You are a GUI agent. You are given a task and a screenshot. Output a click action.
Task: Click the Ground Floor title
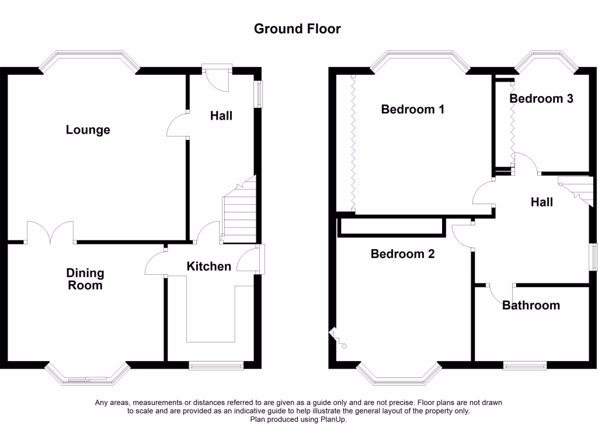[x=297, y=29]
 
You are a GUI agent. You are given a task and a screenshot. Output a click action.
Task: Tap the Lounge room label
[x=88, y=129]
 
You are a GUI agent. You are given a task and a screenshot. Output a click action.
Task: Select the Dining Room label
[x=85, y=279]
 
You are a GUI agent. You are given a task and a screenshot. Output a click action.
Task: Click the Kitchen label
[x=208, y=266]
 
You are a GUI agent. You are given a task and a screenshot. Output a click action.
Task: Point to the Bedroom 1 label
[x=412, y=109]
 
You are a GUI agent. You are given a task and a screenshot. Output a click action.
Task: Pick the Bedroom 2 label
[x=403, y=254]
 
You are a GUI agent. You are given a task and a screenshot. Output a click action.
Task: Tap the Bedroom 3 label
[x=541, y=98]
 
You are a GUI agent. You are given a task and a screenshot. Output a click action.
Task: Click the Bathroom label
[x=531, y=305]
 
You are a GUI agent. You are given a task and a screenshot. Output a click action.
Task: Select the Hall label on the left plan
[x=221, y=116]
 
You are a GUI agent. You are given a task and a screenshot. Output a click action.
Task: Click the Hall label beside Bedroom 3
[x=541, y=202]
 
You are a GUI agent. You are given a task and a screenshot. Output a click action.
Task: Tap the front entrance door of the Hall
[x=217, y=76]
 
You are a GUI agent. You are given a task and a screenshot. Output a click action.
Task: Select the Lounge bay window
[x=89, y=58]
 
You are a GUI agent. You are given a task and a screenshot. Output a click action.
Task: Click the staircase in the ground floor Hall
[x=239, y=210]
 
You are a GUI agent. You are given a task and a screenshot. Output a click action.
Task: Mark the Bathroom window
[x=524, y=366]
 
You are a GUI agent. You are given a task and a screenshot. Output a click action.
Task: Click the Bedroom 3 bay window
[x=545, y=58]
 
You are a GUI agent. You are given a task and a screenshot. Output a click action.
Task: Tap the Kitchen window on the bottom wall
[x=216, y=366]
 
